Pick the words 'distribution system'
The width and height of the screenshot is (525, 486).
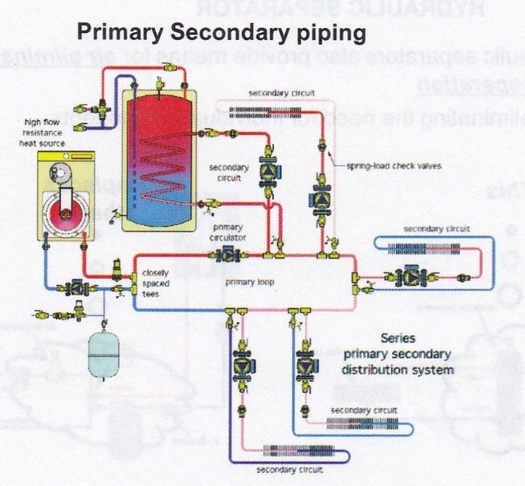click(399, 370)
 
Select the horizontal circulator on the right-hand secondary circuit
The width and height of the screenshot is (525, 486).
click(402, 277)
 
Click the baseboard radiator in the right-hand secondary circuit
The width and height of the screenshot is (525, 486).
click(433, 247)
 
